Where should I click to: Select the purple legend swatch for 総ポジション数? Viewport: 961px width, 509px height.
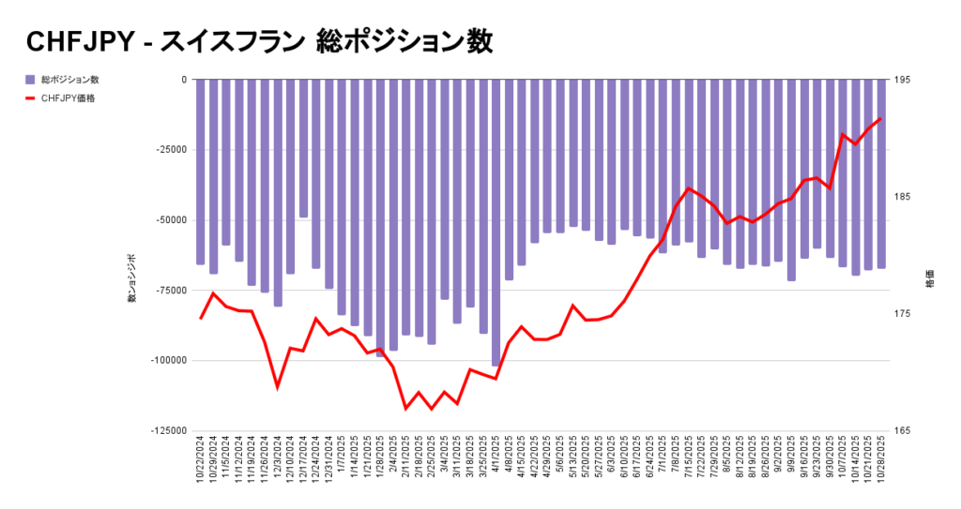(x=30, y=80)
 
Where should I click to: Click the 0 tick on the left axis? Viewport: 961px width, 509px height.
(x=183, y=80)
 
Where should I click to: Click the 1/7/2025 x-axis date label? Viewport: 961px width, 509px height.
(x=343, y=455)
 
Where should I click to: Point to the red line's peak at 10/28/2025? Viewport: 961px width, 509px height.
(x=881, y=119)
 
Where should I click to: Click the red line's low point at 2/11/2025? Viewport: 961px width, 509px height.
(x=406, y=409)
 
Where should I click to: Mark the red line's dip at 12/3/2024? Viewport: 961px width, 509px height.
(x=278, y=386)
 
